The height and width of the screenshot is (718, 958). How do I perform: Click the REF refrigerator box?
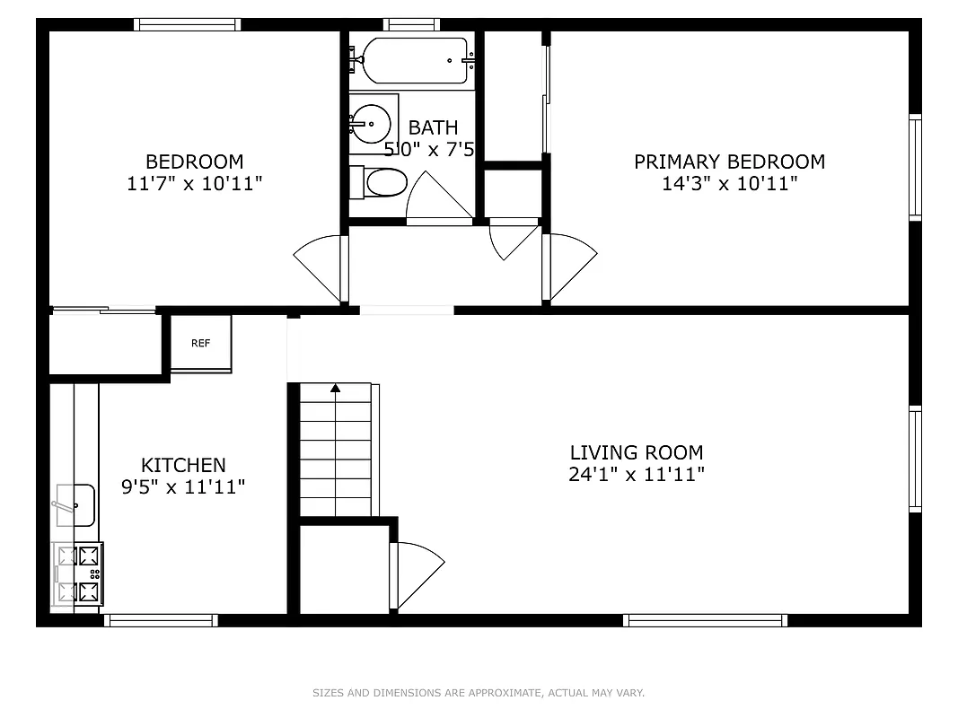[201, 343]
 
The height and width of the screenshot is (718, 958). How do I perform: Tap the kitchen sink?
[75, 505]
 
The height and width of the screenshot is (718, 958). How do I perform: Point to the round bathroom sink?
[369, 122]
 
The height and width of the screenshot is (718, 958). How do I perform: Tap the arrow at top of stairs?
[335, 389]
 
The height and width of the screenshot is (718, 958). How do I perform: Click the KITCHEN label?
[183, 465]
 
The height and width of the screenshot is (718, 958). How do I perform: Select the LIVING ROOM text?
[637, 452]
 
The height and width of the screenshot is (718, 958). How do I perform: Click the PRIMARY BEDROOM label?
[729, 162]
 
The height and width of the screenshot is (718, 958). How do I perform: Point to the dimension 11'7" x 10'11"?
[195, 184]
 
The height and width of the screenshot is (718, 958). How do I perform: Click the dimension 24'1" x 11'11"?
[637, 475]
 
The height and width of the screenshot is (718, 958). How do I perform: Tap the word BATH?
[433, 127]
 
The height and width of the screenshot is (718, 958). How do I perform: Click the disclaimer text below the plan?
[479, 693]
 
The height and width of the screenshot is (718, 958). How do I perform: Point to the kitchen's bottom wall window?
[161, 619]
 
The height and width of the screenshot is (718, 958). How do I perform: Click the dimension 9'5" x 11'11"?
[183, 487]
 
